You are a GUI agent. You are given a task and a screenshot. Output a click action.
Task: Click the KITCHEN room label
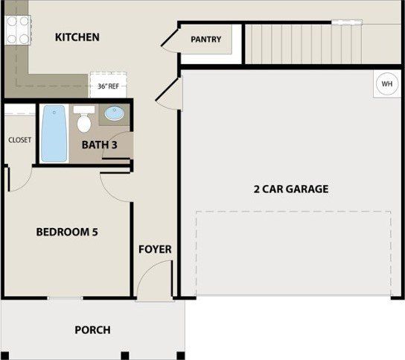pos(77,37)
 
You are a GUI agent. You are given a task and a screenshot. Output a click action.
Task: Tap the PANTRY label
pos(206,40)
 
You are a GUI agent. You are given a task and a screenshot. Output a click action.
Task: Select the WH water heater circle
pos(387,83)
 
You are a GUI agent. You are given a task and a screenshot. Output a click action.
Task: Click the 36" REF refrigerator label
pos(108,86)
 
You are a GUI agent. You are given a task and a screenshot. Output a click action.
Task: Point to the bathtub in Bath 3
pos(54,133)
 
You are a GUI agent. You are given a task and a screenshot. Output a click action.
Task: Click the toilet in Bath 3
pos(84,119)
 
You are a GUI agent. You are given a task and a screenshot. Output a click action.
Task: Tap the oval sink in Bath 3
pos(115,113)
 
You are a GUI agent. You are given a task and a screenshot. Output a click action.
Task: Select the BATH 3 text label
pos(100,145)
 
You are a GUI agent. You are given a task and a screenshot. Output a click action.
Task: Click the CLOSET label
pos(19,140)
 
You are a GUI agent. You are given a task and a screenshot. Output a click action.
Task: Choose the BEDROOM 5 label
pos(67,232)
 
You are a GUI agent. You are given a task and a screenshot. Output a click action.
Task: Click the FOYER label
pos(155,249)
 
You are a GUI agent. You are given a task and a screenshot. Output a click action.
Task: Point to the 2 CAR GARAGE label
pos(291,189)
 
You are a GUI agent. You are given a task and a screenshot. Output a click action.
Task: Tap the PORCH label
pos(92,330)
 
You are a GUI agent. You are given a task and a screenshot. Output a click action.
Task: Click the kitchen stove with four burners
pos(18,30)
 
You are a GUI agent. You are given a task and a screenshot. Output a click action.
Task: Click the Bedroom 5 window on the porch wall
pos(65,298)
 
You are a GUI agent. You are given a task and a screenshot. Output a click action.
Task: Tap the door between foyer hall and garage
pos(169,94)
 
